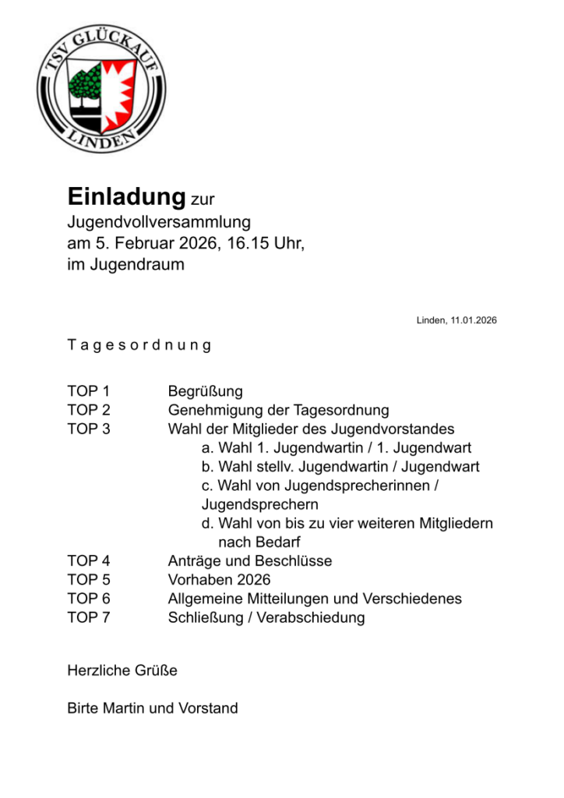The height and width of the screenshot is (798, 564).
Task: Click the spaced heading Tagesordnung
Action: point(139,345)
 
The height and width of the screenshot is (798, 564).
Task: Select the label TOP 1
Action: point(89,391)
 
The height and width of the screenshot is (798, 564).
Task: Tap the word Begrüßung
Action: point(206,391)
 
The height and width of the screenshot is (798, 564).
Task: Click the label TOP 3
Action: point(89,429)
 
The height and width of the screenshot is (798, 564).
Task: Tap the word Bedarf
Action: point(275,542)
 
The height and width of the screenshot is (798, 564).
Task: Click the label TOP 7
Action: point(89,618)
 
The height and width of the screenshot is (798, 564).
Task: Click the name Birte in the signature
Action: point(83,708)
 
